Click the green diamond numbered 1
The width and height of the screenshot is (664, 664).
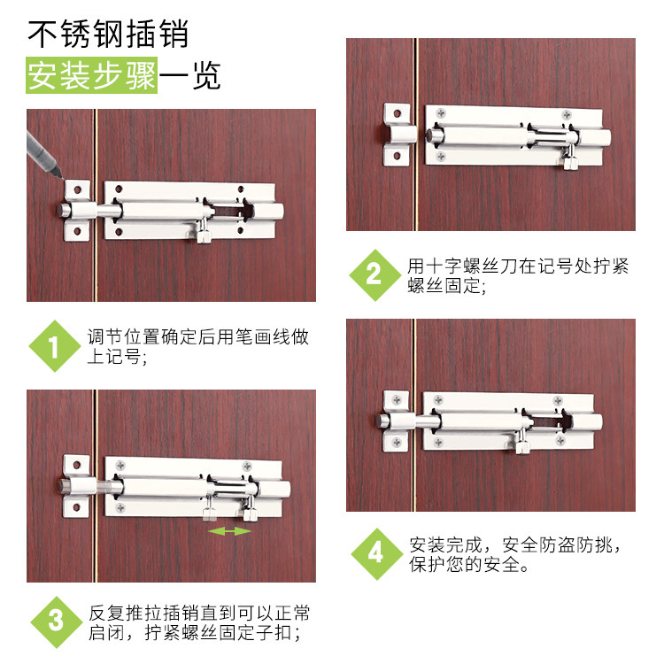[x=55, y=346]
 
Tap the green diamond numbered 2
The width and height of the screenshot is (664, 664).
[x=374, y=274]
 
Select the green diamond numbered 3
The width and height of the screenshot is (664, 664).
[x=57, y=622]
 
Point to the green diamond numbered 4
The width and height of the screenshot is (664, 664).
[x=376, y=554]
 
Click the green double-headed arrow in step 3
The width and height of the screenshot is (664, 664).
[x=229, y=531]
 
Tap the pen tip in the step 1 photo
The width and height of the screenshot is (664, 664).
[x=62, y=178]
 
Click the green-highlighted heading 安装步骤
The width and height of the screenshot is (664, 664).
[x=91, y=75]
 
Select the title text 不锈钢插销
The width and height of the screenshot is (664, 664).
[x=107, y=34]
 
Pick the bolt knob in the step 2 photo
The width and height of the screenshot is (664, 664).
[x=570, y=158]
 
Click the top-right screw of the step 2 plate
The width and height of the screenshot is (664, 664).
[x=567, y=115]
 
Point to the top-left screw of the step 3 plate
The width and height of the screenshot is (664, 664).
[x=120, y=466]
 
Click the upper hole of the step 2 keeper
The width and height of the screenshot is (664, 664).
[x=398, y=113]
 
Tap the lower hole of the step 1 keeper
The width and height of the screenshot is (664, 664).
[x=77, y=231]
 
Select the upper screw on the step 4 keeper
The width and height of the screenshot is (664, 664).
[x=397, y=400]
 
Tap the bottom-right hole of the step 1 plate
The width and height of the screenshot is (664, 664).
[x=240, y=231]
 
